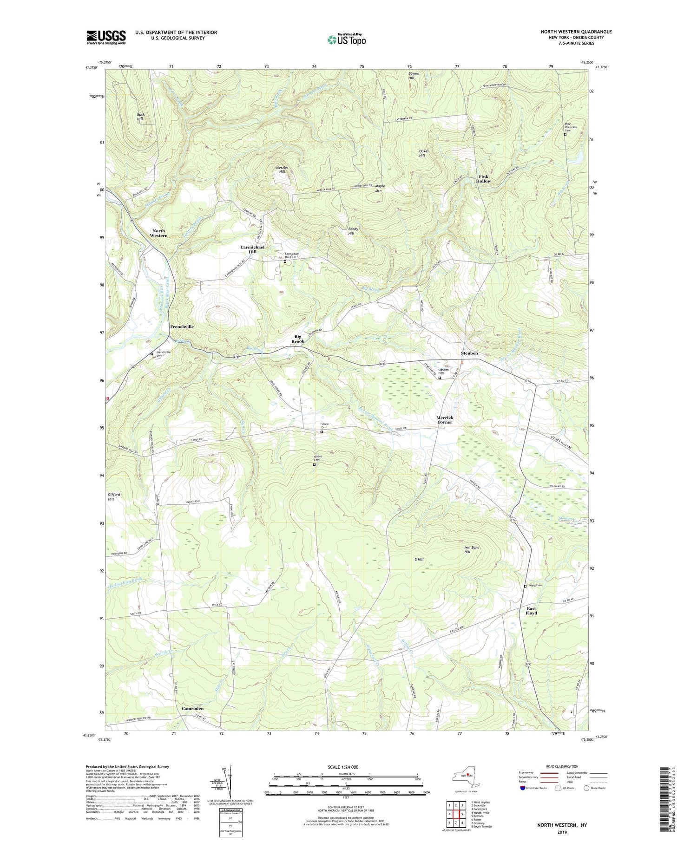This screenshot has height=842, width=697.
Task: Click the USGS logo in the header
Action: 106,37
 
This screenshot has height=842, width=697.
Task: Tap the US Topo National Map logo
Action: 346,39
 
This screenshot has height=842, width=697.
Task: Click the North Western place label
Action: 158,233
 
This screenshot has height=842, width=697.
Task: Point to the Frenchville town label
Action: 182,326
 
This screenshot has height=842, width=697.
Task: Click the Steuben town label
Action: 469,353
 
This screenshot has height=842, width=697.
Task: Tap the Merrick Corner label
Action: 445,419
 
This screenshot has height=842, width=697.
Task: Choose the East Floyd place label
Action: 531,611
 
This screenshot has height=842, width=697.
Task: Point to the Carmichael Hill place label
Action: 252,249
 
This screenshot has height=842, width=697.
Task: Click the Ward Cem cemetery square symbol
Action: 525,586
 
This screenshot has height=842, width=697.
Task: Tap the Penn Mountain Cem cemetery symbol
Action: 565,135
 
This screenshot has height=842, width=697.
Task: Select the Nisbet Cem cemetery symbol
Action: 314,464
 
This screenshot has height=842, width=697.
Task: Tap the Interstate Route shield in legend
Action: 523,788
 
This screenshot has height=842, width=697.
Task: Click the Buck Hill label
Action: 140,117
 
